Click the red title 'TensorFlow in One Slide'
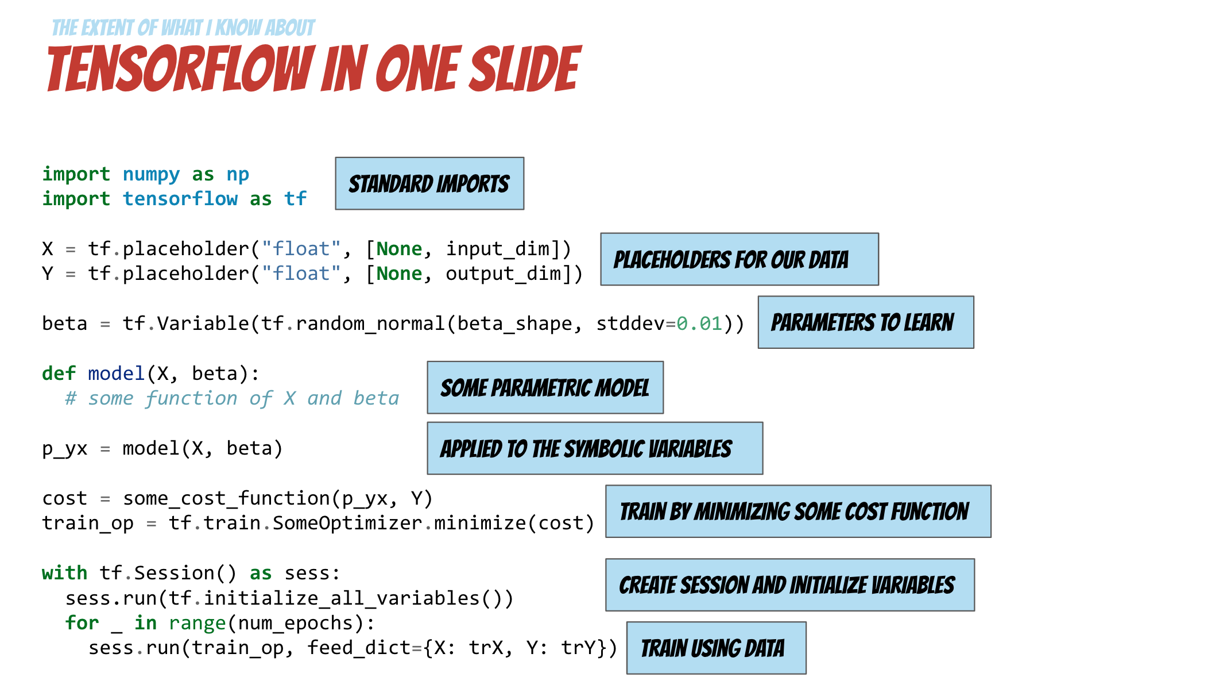point(313,69)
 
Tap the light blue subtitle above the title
point(183,28)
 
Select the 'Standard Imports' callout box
point(429,184)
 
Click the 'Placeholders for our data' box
point(739,259)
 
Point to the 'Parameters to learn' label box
point(865,322)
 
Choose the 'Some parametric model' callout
point(545,388)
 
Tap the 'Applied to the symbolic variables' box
point(594,449)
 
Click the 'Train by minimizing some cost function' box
point(797,512)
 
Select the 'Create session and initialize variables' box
point(789,585)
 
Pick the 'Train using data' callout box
point(716,648)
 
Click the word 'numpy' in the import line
point(151,174)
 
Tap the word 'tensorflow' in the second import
point(180,199)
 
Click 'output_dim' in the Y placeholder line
point(504,274)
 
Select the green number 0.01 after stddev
point(699,324)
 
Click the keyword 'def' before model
point(59,374)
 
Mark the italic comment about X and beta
point(232,398)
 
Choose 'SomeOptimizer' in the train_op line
point(347,523)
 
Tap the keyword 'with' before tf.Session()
point(64,573)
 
